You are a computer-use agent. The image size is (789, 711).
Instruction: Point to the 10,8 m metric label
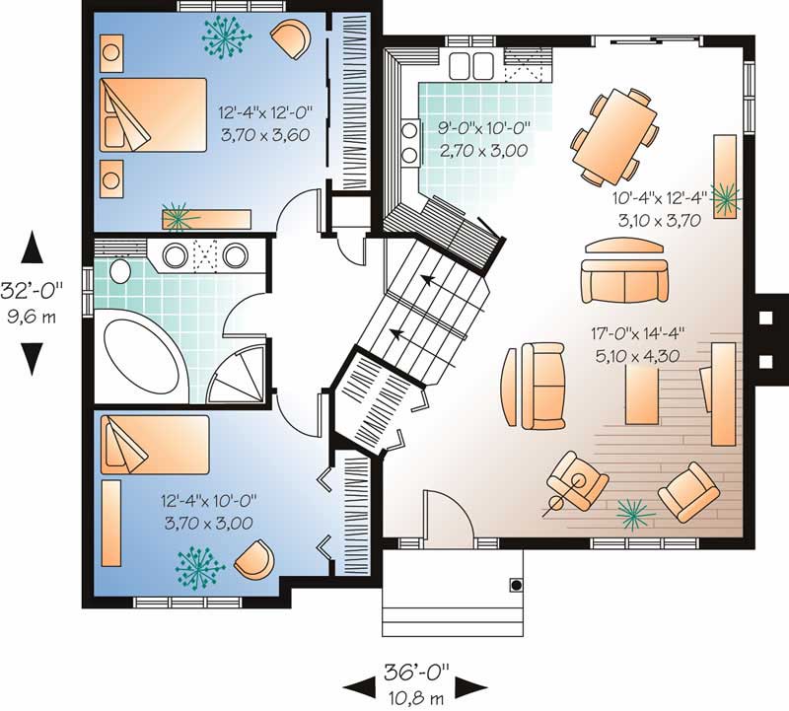[x=415, y=694]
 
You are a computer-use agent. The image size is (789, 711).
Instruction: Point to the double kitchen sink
[x=471, y=65]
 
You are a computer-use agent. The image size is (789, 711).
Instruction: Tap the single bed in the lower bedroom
[x=155, y=440]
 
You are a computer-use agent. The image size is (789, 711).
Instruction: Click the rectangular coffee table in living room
[x=642, y=387]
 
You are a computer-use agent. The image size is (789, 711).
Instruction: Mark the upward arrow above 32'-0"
[x=34, y=248]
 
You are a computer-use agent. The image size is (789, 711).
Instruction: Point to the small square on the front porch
[x=515, y=585]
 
